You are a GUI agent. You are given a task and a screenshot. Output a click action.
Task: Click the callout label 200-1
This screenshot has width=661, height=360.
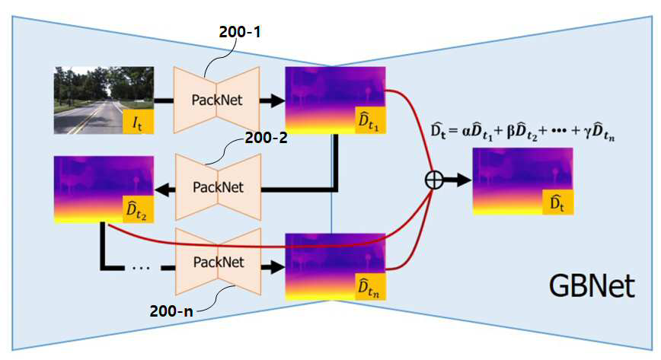240,32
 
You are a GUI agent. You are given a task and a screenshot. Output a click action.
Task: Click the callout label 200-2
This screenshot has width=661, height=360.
266,138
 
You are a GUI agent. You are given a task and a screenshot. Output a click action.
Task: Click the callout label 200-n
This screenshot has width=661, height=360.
171,311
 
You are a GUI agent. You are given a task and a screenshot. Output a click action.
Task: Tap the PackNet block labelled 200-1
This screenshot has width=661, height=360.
217,100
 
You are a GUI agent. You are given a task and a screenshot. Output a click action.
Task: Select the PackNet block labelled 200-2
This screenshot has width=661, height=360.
218,186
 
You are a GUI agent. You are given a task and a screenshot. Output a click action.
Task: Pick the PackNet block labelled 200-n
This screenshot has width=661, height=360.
218,262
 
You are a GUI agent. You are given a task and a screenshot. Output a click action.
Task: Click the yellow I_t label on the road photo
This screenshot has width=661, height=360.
138,122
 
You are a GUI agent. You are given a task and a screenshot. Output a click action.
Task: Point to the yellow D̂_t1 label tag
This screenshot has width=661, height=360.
370,120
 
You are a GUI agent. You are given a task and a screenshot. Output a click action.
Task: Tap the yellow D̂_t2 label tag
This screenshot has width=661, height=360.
138,209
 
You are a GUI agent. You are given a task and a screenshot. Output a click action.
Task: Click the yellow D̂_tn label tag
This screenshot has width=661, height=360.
370,287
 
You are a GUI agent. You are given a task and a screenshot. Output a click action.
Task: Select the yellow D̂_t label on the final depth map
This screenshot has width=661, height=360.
557,202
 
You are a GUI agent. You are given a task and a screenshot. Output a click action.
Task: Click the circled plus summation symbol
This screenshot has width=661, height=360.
434,180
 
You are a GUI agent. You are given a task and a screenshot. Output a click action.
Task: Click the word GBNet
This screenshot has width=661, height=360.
592,286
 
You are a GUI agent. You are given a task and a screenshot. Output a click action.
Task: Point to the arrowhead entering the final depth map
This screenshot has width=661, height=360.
464,180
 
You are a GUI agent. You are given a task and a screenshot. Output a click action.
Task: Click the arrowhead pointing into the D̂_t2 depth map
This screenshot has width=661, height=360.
163,190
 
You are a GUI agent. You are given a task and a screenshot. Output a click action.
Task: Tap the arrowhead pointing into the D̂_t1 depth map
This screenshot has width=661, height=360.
277,100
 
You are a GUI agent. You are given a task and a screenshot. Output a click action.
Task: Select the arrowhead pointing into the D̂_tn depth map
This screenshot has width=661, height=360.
277,267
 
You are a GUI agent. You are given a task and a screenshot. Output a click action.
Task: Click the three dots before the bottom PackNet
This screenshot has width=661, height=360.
140,267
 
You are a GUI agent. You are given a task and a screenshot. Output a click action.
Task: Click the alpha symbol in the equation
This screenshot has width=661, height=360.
466,132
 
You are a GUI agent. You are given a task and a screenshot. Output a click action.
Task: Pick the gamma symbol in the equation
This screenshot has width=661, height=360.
587,132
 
